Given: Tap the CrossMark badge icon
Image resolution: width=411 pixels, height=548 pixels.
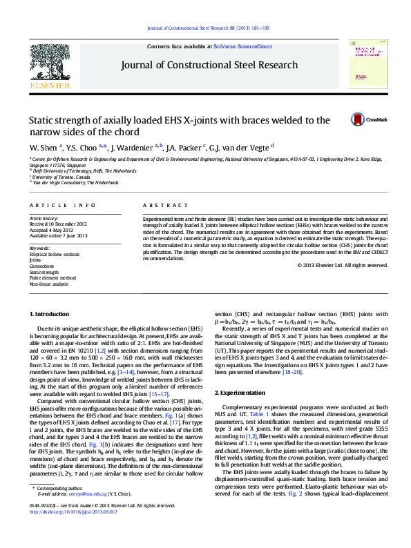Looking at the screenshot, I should (x=359, y=119).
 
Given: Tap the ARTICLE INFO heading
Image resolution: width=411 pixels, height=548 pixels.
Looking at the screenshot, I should (x=62, y=206).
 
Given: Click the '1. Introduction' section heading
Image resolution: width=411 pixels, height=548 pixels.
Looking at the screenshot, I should (x=48, y=314).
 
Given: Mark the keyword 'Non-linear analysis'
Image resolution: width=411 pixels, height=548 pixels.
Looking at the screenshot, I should (x=48, y=284).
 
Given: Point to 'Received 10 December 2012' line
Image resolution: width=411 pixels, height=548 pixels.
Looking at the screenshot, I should (x=58, y=224).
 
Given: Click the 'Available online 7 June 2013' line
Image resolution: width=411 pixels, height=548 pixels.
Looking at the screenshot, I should (x=59, y=235).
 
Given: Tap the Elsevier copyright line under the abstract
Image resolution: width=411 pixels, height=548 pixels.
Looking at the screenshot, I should (x=347, y=265).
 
